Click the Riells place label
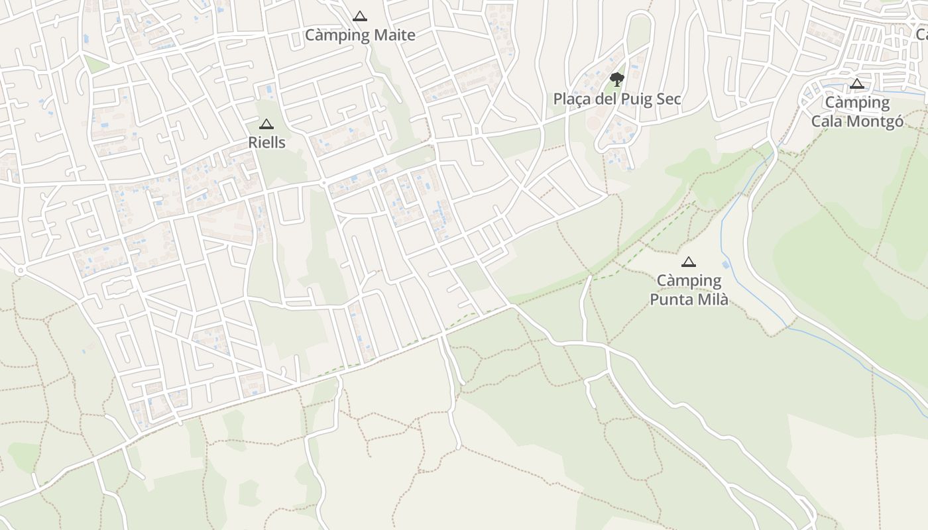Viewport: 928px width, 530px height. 266,142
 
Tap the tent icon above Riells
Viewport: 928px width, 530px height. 266,124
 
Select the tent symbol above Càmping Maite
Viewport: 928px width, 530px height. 360,16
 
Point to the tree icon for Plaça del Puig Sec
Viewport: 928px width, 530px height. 617,79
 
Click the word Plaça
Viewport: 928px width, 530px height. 571,99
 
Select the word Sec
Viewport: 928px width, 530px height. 668,99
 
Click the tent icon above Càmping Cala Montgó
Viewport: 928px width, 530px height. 857,83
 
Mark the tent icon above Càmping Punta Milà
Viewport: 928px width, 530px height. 689,262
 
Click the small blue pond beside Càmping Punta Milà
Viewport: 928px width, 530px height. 726,265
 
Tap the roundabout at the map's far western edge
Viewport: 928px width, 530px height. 20,270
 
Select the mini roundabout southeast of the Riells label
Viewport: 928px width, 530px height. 324,182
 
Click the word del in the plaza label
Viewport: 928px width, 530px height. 605,99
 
